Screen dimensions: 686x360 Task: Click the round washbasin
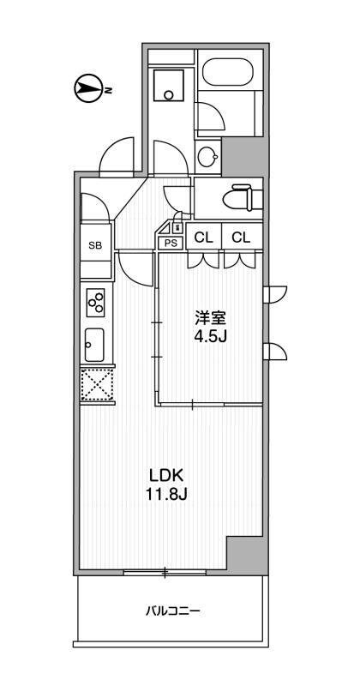coord(207,156)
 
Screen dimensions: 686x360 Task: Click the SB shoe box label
coord(94,245)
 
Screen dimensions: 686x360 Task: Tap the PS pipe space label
coord(171,243)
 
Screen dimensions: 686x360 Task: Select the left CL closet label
coord(204,238)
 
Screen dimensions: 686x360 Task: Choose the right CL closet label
coord(241,238)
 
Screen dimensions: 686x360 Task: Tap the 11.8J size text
coord(167,494)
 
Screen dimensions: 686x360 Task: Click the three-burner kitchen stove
coord(95,302)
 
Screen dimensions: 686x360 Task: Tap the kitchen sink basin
coord(94,345)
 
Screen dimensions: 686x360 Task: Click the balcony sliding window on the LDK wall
coord(165,571)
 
